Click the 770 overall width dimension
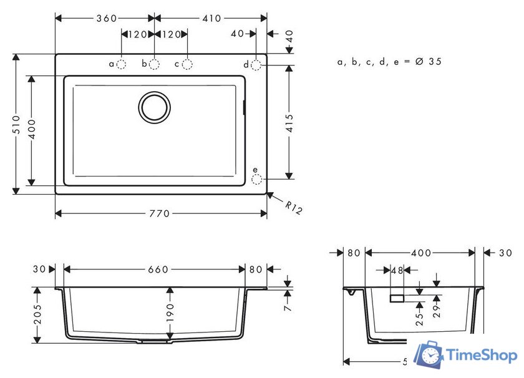point(160,214)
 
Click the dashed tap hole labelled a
point(122,64)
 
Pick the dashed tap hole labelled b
point(154,64)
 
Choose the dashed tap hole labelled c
point(187,64)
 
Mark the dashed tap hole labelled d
point(256,65)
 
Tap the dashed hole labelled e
point(256,179)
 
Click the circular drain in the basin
point(154,107)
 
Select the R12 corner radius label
point(293,208)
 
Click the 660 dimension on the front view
point(158,269)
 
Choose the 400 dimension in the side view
point(421,253)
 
